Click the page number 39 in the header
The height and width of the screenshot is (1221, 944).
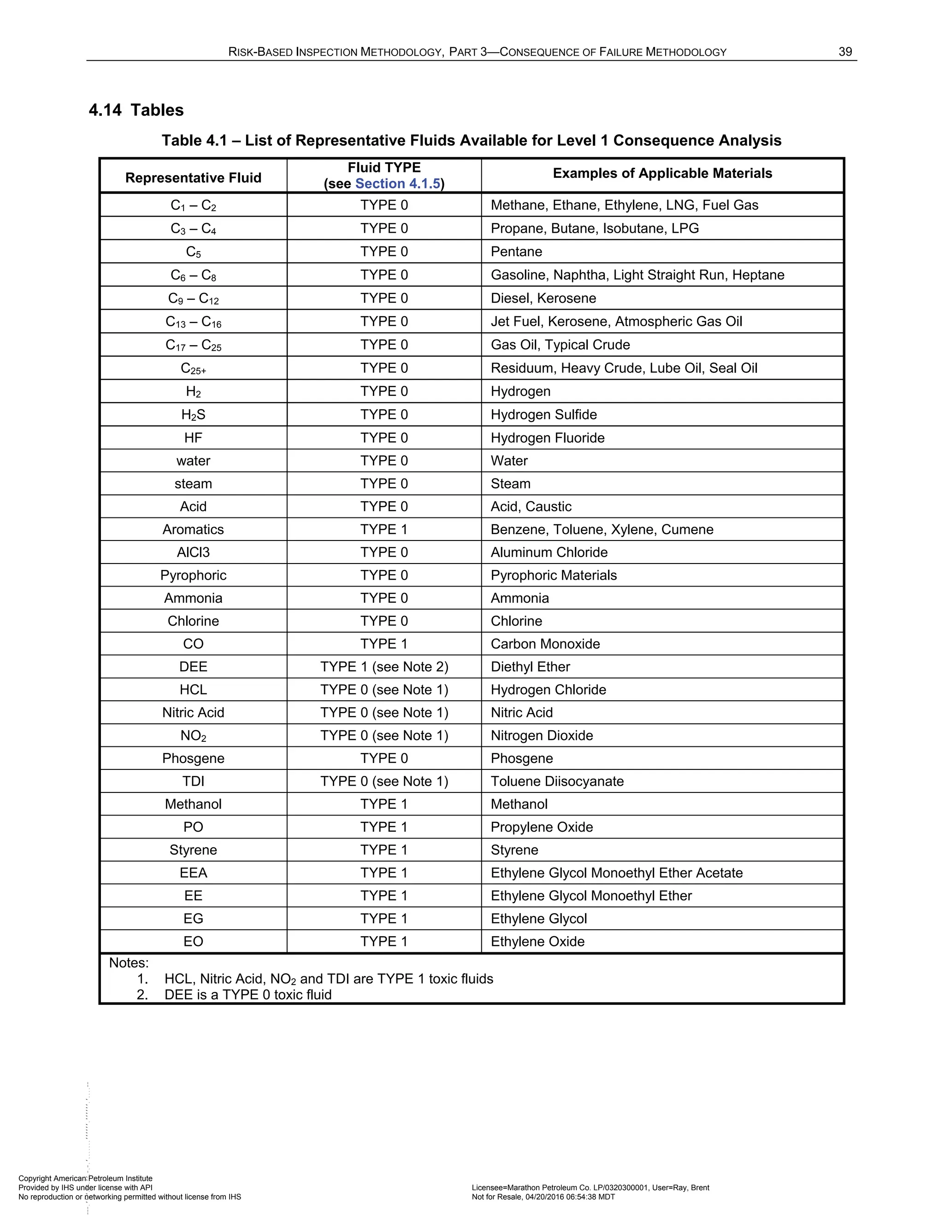pos(845,52)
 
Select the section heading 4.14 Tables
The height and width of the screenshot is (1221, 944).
pos(136,110)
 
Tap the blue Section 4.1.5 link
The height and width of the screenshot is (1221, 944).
pos(398,184)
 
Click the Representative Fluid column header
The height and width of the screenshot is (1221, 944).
pos(193,178)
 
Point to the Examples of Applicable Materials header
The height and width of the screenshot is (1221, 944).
pos(662,173)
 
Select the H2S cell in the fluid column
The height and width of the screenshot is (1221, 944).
pos(193,415)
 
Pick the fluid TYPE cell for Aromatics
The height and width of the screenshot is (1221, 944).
pos(383,529)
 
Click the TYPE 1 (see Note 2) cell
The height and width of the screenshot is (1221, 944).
pos(383,667)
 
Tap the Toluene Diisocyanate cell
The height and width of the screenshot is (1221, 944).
pos(557,781)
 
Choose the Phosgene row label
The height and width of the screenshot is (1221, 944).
pos(193,759)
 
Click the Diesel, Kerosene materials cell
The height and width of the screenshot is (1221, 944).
pos(543,299)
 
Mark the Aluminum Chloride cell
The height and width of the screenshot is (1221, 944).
pos(549,552)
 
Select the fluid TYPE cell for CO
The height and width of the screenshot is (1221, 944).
pos(383,644)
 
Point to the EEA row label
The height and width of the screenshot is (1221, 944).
pos(193,873)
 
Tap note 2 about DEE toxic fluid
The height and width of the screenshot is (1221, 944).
pos(247,995)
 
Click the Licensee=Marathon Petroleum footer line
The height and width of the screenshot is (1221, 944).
pos(590,1187)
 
